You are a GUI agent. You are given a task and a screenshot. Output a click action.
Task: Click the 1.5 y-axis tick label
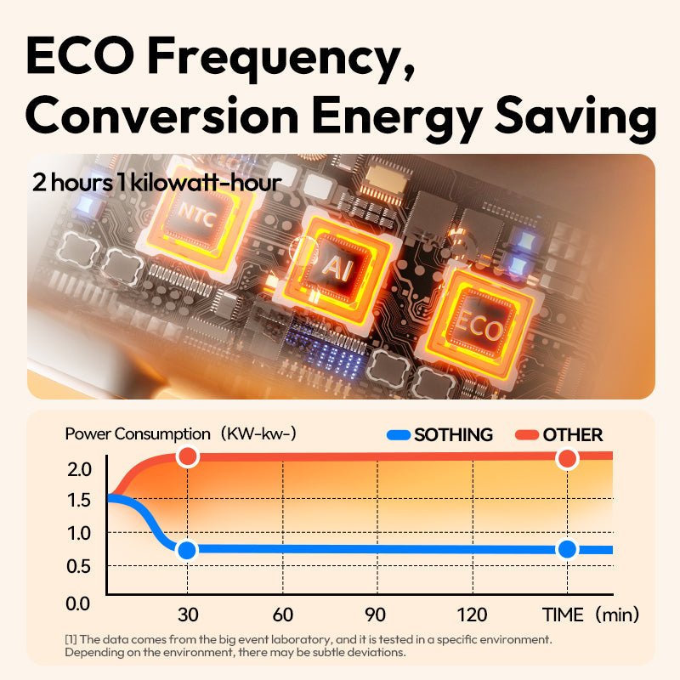79,500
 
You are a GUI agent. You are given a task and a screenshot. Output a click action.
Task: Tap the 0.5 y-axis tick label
79,566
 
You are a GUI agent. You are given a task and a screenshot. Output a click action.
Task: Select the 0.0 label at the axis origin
79,603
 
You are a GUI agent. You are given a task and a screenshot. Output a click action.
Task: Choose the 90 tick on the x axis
375,615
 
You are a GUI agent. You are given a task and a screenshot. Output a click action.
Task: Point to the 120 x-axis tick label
471,615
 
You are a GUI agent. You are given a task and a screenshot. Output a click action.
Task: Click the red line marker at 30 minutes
187,457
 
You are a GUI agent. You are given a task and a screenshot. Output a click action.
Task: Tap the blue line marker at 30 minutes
187,550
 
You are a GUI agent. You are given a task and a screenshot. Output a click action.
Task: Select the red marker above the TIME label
567,459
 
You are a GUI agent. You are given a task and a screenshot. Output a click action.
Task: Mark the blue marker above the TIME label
567,549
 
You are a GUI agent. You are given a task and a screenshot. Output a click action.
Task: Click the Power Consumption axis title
137,434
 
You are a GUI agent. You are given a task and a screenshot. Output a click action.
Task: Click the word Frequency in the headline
289,57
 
